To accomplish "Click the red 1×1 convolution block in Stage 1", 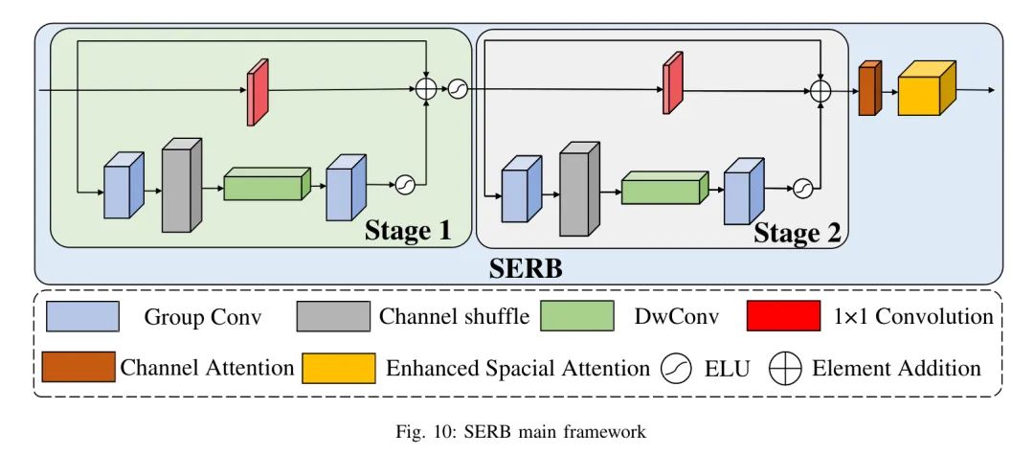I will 258,93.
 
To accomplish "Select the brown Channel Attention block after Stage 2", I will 868,89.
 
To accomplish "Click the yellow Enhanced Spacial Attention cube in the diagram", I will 926,90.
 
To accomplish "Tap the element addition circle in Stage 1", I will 426,88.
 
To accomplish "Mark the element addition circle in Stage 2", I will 820,90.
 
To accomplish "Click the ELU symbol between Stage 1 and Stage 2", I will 457,88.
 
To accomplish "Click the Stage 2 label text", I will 799,233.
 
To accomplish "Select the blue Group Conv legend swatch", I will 81,315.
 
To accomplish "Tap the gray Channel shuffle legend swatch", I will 333,315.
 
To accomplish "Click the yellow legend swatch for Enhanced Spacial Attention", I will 338,368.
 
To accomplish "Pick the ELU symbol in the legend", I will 676,369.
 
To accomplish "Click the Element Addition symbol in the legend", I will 786,369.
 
